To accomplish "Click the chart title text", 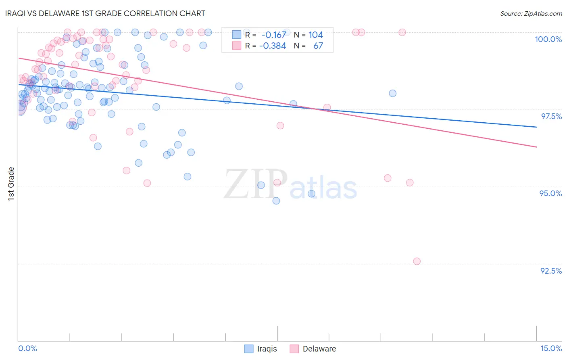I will pos(105,13).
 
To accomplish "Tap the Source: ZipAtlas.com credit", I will pos(531,14).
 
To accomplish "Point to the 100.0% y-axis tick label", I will pos(548,39).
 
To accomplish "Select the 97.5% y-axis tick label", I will pos(551,116).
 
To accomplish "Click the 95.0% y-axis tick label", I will pos(550,193).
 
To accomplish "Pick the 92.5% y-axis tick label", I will pos(551,271).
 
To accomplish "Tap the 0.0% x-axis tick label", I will pos(27,348).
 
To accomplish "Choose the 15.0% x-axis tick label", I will pos(551,348).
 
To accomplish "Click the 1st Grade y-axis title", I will pos(11,184).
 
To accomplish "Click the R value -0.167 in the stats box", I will pos(274,35).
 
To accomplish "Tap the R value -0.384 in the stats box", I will pos(273,46).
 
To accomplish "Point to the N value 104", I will pos(316,35).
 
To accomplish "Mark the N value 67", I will pos(318,46).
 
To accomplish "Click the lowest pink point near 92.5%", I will pos(417,261).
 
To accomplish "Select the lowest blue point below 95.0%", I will pos(276,201).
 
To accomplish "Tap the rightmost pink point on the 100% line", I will pos(402,32).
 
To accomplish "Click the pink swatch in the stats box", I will pos(236,46).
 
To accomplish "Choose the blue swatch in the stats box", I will pos(236,35).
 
